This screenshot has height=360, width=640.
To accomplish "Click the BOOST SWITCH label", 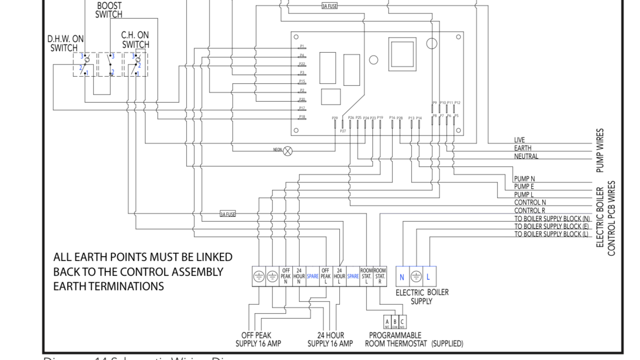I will pyautogui.click(x=109, y=10).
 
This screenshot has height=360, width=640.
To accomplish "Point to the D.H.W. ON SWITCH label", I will pyautogui.click(x=64, y=43).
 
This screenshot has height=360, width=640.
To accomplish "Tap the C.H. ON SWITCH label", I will pyautogui.click(x=135, y=40).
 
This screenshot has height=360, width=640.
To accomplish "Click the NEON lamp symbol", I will pyautogui.click(x=288, y=150).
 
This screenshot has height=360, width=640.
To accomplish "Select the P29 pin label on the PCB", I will pyautogui.click(x=334, y=118).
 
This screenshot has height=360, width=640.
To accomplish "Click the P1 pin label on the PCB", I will pyautogui.click(x=302, y=46).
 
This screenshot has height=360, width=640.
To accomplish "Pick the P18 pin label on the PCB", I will pyautogui.click(x=302, y=117).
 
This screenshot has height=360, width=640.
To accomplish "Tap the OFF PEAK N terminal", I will pyautogui.click(x=285, y=276).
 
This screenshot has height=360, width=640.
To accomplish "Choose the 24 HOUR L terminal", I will pyautogui.click(x=339, y=276).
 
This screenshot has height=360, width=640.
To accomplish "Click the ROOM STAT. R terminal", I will pyautogui.click(x=380, y=276).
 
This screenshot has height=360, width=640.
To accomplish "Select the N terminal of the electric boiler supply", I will pyautogui.click(x=402, y=277).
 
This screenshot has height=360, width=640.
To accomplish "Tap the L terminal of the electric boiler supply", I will pyautogui.click(x=428, y=277).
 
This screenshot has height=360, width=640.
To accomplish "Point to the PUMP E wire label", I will pyautogui.click(x=524, y=187).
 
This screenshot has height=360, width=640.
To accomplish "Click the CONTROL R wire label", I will pyautogui.click(x=530, y=211).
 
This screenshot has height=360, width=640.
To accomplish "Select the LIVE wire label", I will pyautogui.click(x=520, y=140).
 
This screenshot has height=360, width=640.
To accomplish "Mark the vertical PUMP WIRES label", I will pyautogui.click(x=600, y=150).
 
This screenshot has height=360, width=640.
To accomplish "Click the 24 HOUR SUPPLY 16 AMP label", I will pyautogui.click(x=330, y=340).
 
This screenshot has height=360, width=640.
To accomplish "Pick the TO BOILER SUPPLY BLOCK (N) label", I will pyautogui.click(x=552, y=219).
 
